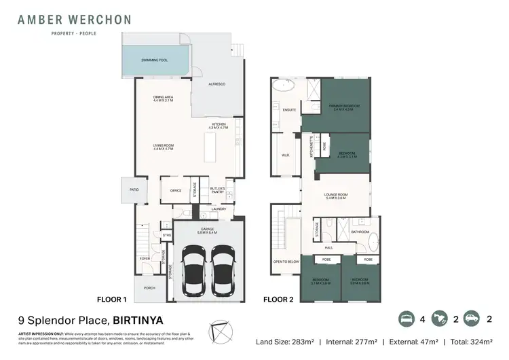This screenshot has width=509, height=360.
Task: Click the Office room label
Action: [175, 190]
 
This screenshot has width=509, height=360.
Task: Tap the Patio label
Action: [134, 190]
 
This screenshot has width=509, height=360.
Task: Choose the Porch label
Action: [149, 287]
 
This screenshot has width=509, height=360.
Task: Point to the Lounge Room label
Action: [337, 196]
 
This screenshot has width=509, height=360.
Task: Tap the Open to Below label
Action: [286, 261]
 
